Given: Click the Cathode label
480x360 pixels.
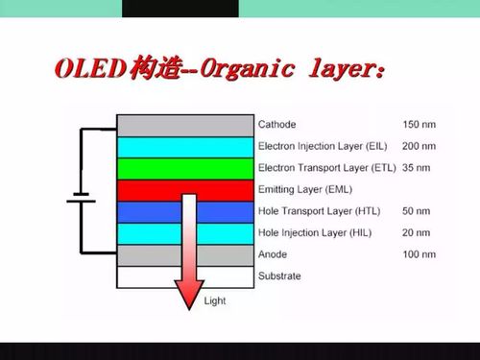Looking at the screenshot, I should pyautogui.click(x=277, y=125).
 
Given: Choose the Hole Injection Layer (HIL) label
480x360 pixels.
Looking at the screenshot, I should pyautogui.click(x=314, y=232).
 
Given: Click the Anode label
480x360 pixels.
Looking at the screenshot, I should pyautogui.click(x=273, y=254).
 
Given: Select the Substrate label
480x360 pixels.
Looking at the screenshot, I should pyautogui.click(x=279, y=276).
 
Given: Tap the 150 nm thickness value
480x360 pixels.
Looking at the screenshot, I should pyautogui.click(x=419, y=125).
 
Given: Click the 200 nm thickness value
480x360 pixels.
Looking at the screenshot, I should pyautogui.click(x=419, y=146).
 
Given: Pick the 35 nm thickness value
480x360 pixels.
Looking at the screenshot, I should pyautogui.click(x=416, y=167).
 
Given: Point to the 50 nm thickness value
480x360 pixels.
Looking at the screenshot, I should pyautogui.click(x=416, y=210).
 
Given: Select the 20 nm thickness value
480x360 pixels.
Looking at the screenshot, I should pyautogui.click(x=416, y=232).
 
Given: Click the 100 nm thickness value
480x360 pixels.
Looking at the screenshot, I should pyautogui.click(x=419, y=254).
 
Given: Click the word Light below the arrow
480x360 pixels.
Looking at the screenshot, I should pyautogui.click(x=215, y=301).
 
